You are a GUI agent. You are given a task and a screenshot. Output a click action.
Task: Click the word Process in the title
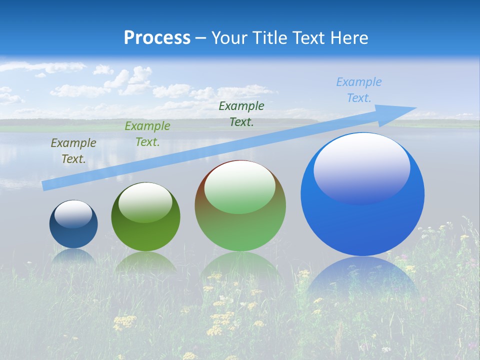click(x=157, y=37)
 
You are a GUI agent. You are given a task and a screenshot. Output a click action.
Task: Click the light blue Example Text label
click(x=359, y=90)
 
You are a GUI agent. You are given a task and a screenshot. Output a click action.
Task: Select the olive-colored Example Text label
click(x=73, y=151)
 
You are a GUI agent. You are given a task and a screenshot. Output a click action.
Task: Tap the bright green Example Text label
click(x=147, y=134)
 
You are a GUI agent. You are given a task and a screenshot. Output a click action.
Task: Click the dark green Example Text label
click(x=241, y=113)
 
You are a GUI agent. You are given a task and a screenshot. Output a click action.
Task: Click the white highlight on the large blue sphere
click(x=361, y=167)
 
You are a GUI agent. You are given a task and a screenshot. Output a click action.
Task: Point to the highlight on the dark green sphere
click(x=145, y=202)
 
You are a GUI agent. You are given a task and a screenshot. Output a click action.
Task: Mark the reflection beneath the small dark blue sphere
click(x=73, y=256)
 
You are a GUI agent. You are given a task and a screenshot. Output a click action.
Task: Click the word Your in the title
click(x=229, y=37)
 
